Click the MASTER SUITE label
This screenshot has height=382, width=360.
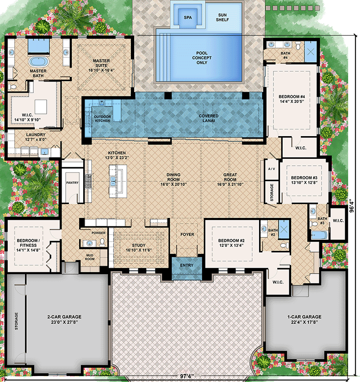point(100,60)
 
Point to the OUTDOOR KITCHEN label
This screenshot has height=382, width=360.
point(102,119)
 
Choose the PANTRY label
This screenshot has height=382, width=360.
point(72,182)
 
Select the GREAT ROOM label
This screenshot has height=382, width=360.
point(230,175)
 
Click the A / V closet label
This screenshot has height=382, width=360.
point(271,169)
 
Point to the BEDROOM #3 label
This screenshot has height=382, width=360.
point(304,178)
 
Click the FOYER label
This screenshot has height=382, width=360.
point(187,234)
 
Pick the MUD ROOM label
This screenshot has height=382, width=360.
point(90,257)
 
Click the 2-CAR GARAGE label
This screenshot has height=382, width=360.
point(63,317)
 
